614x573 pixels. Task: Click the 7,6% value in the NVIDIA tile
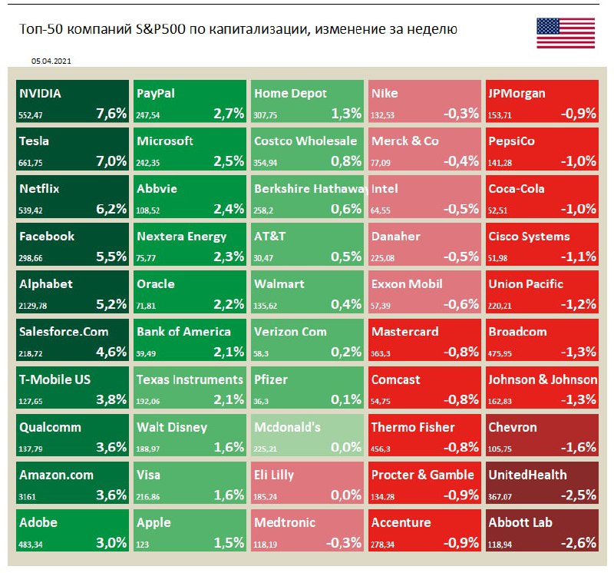click(x=111, y=114)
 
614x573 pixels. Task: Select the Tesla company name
click(x=35, y=141)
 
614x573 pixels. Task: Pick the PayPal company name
click(x=156, y=94)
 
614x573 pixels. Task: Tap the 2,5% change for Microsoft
click(x=229, y=161)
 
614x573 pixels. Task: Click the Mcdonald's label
click(x=287, y=427)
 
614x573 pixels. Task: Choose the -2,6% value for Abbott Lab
click(x=579, y=543)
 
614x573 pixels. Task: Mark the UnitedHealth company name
click(x=528, y=475)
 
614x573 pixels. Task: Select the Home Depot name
click(x=290, y=94)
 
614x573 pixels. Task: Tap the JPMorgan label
click(x=517, y=94)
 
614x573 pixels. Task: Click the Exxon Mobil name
click(x=407, y=284)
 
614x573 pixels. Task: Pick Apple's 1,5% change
click(x=229, y=543)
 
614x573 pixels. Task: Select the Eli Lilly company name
click(x=274, y=475)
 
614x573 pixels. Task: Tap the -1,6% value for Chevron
click(x=579, y=448)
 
